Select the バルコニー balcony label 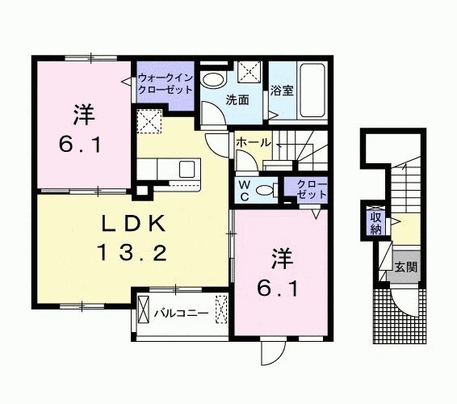tap(182, 311)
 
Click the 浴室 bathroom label tap(282, 90)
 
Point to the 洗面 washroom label tap(236, 100)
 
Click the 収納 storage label tap(375, 222)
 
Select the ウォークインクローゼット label tap(166, 82)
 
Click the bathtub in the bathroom tap(311, 90)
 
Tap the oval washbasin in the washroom tap(213, 80)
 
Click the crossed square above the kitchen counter tap(149, 122)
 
